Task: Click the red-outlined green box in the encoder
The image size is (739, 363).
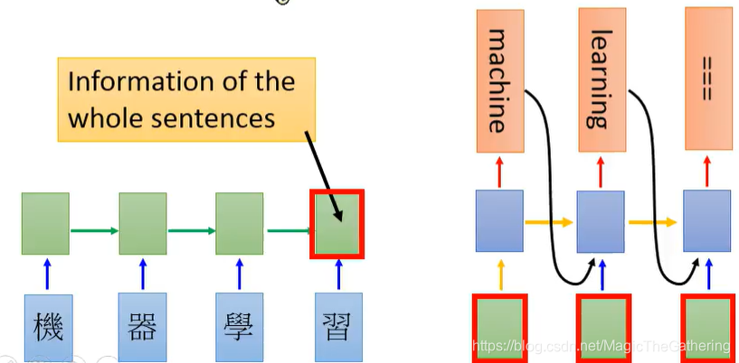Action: pyautogui.click(x=337, y=223)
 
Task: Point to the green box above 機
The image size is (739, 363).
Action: pyautogui.click(x=46, y=224)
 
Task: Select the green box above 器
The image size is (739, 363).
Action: pyautogui.click(x=142, y=224)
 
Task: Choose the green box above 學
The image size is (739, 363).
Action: pyautogui.click(x=239, y=224)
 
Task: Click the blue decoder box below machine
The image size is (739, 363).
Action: pyautogui.click(x=499, y=220)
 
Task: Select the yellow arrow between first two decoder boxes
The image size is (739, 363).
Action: pyautogui.click(x=550, y=221)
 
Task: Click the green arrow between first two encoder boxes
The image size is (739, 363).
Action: pyautogui.click(x=94, y=230)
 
